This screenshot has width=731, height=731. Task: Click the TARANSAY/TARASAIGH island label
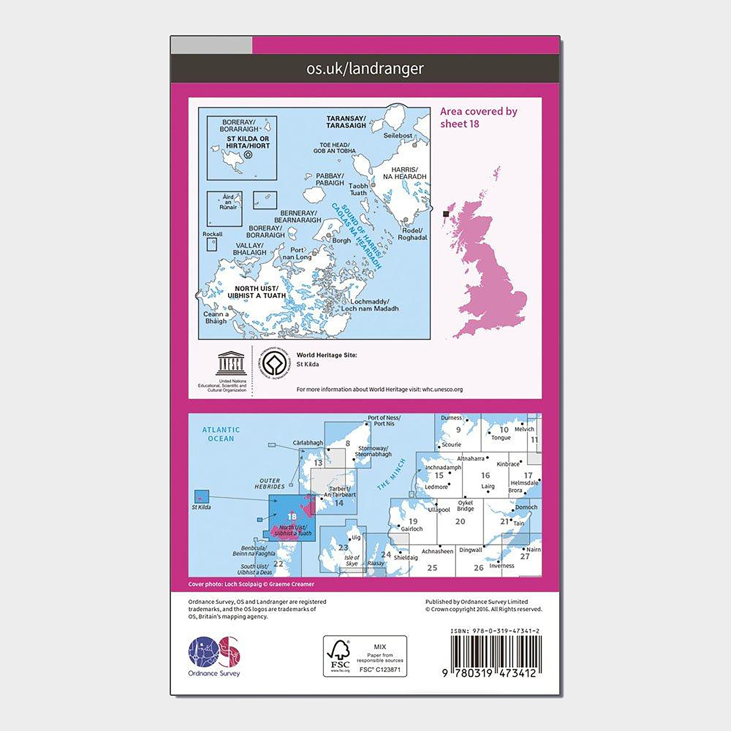pyautogui.click(x=346, y=122)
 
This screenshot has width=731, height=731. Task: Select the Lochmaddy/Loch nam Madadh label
pyautogui.click(x=370, y=305)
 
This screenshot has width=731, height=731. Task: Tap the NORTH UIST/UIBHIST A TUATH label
pyautogui.click(x=257, y=292)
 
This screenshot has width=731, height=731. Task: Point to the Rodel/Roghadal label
pyautogui.click(x=412, y=234)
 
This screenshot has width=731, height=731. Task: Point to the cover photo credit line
pyautogui.click(x=251, y=584)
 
